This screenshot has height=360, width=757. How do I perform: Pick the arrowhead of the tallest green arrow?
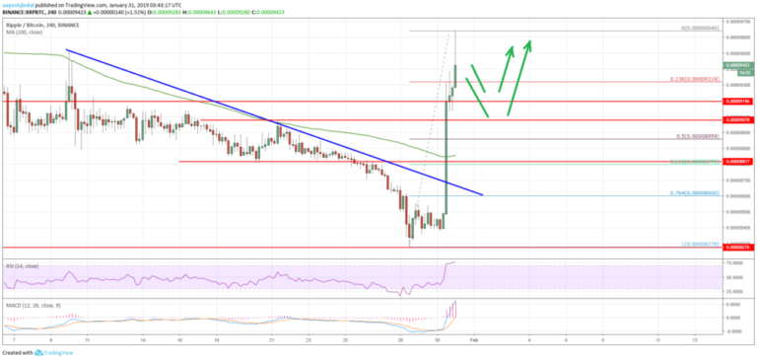click(x=529, y=41)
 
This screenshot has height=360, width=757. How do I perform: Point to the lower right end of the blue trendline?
click(x=482, y=194)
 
